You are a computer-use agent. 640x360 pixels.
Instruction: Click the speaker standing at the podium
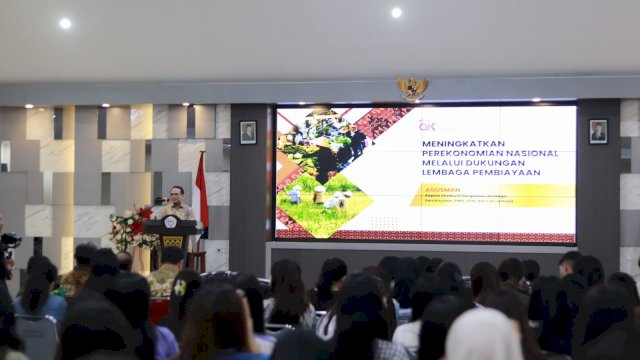click(x=178, y=204)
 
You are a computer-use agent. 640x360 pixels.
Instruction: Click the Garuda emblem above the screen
click(x=412, y=88)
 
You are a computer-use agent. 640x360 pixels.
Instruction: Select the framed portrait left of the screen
click(x=247, y=132)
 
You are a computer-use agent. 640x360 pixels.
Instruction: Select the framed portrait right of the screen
click(x=598, y=131)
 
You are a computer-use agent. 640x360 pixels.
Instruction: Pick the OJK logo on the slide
click(x=428, y=126)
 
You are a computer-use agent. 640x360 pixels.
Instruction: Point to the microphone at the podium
click(x=160, y=203)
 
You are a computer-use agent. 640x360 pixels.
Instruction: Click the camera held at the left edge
click(x=9, y=240)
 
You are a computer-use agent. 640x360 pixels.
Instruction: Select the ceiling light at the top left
click(x=65, y=23)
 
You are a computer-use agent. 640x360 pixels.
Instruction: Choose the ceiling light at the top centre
click(x=396, y=12)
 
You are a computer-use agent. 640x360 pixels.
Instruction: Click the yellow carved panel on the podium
click(x=173, y=241)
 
